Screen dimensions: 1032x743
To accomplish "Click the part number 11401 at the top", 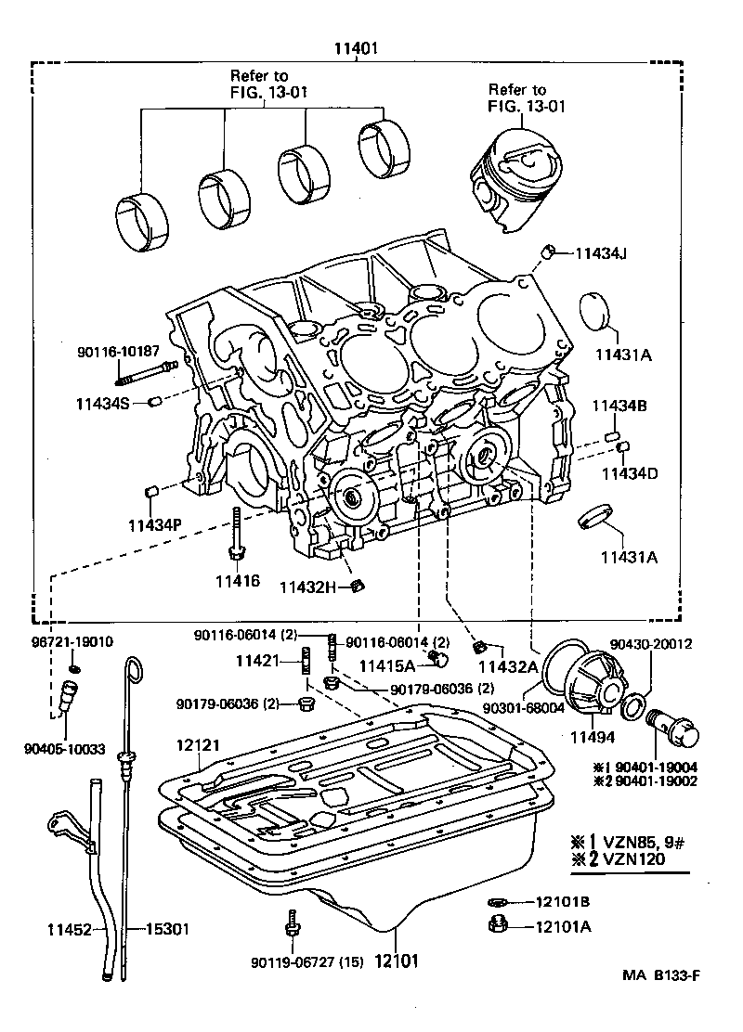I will click(357, 49).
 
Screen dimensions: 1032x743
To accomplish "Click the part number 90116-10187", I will click(118, 353).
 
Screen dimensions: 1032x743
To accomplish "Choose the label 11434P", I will click(154, 524).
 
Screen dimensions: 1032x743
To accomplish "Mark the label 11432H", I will click(309, 587).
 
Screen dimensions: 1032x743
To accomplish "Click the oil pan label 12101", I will click(398, 960).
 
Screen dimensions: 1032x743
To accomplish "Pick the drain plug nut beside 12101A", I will click(496, 924).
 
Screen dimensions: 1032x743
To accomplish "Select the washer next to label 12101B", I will click(496, 901).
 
